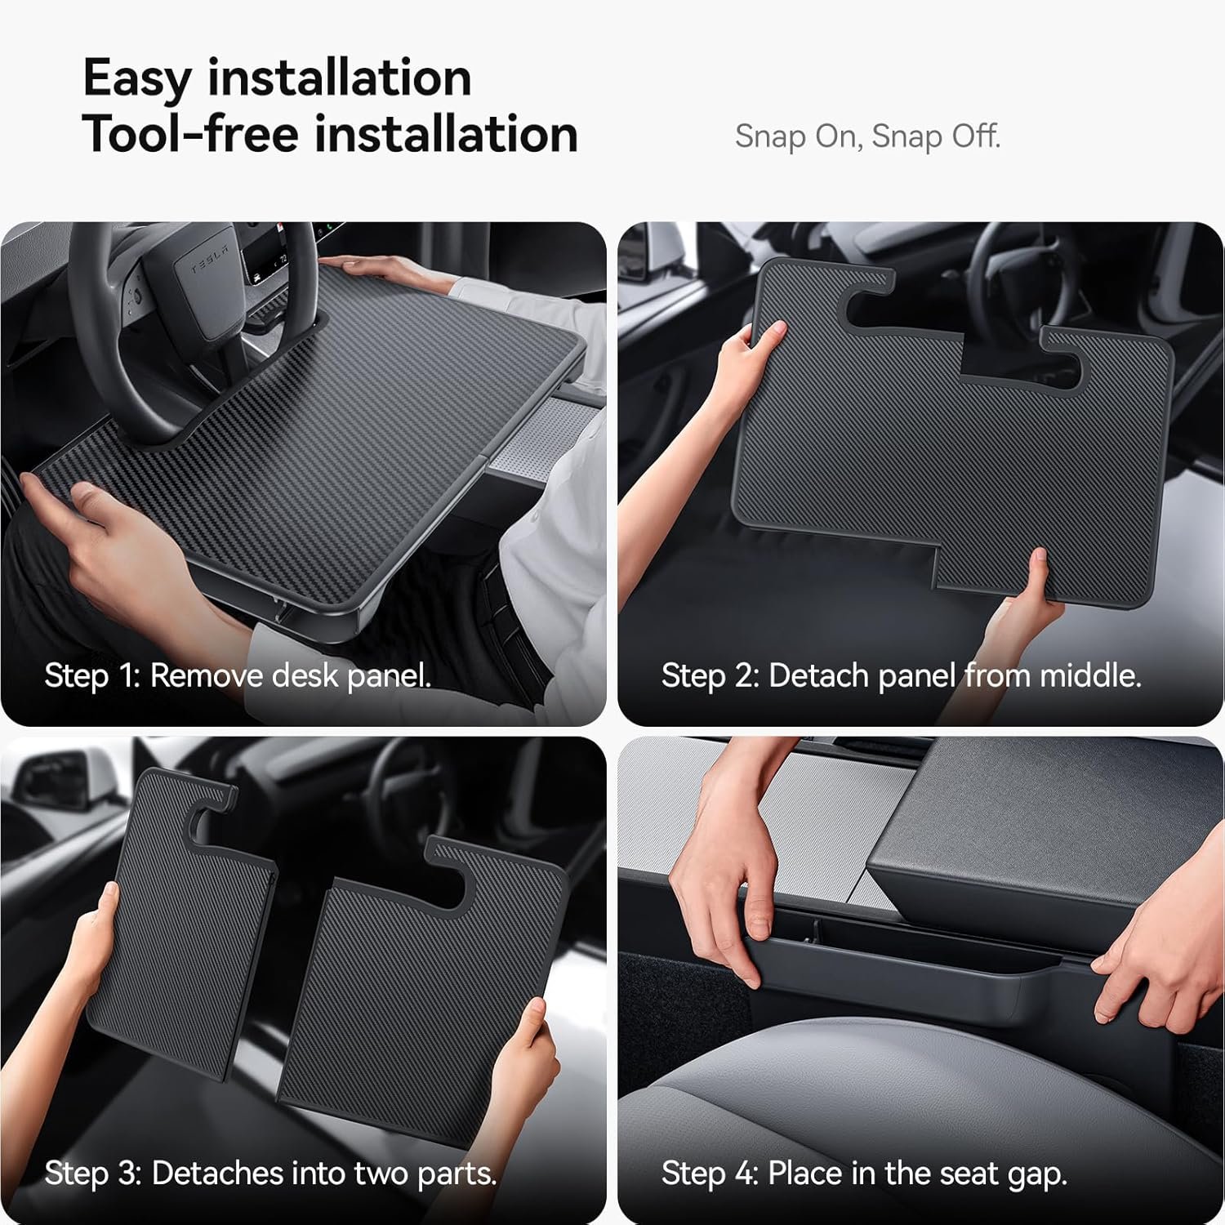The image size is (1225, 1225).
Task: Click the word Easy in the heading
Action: pyautogui.click(x=137, y=79)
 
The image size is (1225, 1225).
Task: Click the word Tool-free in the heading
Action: pyautogui.click(x=190, y=134)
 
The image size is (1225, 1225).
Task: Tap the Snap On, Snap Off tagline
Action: pyautogui.click(x=867, y=136)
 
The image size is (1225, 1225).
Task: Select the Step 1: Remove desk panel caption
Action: pyautogui.click(x=237, y=676)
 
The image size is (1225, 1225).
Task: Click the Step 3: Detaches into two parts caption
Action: pyautogui.click(x=270, y=1174)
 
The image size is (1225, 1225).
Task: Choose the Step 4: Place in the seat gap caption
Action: pyautogui.click(x=864, y=1174)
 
